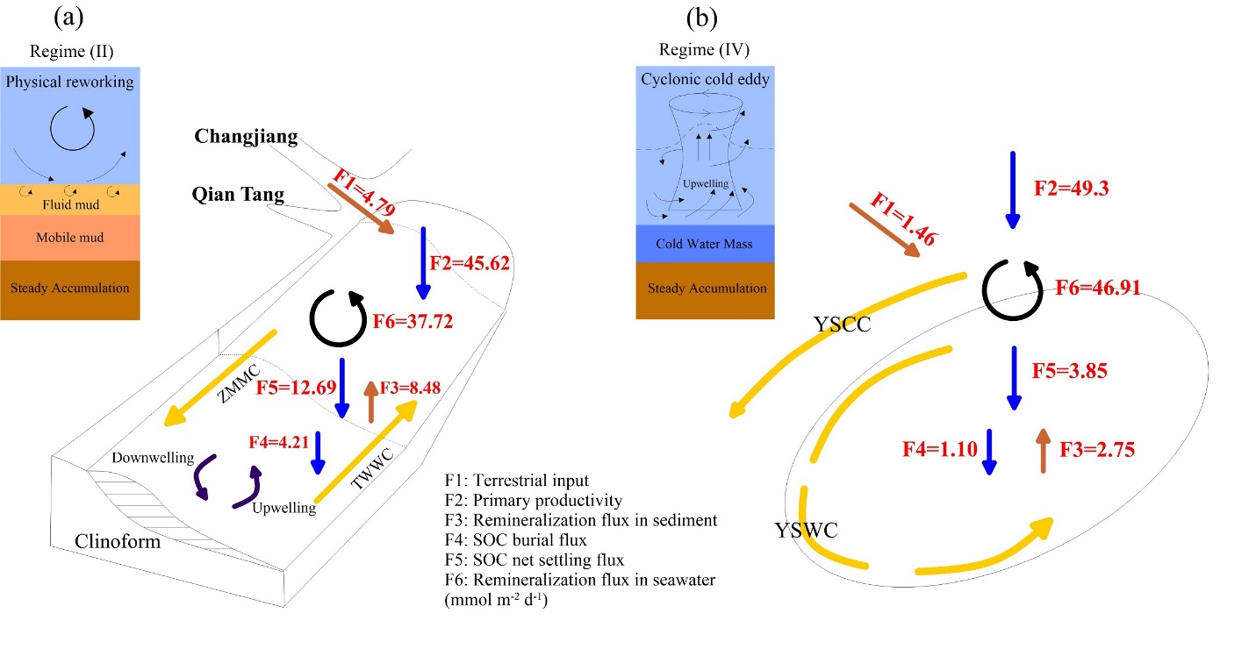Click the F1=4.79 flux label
click(x=363, y=195)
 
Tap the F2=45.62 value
click(x=470, y=262)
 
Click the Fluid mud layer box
click(x=70, y=200)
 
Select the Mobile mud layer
click(x=70, y=238)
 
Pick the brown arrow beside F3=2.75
click(x=1043, y=451)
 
